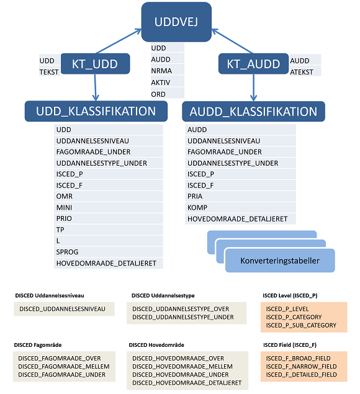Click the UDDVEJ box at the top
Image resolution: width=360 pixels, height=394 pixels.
tap(176, 22)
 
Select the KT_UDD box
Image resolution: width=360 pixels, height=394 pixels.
tap(96, 63)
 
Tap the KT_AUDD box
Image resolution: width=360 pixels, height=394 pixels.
tap(253, 63)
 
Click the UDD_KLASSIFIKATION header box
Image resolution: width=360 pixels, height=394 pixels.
tap(96, 111)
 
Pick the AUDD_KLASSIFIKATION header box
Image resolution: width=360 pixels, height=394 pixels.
tap(253, 111)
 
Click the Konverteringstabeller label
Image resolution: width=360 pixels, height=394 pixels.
tap(280, 261)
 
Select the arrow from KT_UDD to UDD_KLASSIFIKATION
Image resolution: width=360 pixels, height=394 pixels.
tap(96, 87)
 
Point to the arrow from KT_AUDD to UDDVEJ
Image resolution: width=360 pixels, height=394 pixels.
tap(232, 41)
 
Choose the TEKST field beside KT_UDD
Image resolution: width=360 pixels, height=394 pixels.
tap(49, 72)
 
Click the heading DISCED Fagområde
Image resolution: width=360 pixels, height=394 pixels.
tap(38, 345)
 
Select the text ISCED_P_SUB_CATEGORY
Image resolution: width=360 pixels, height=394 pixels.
tap(301, 325)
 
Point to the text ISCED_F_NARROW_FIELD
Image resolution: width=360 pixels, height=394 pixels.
tap(302, 366)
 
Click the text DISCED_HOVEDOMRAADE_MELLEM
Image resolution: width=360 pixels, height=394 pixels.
tap(182, 366)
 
